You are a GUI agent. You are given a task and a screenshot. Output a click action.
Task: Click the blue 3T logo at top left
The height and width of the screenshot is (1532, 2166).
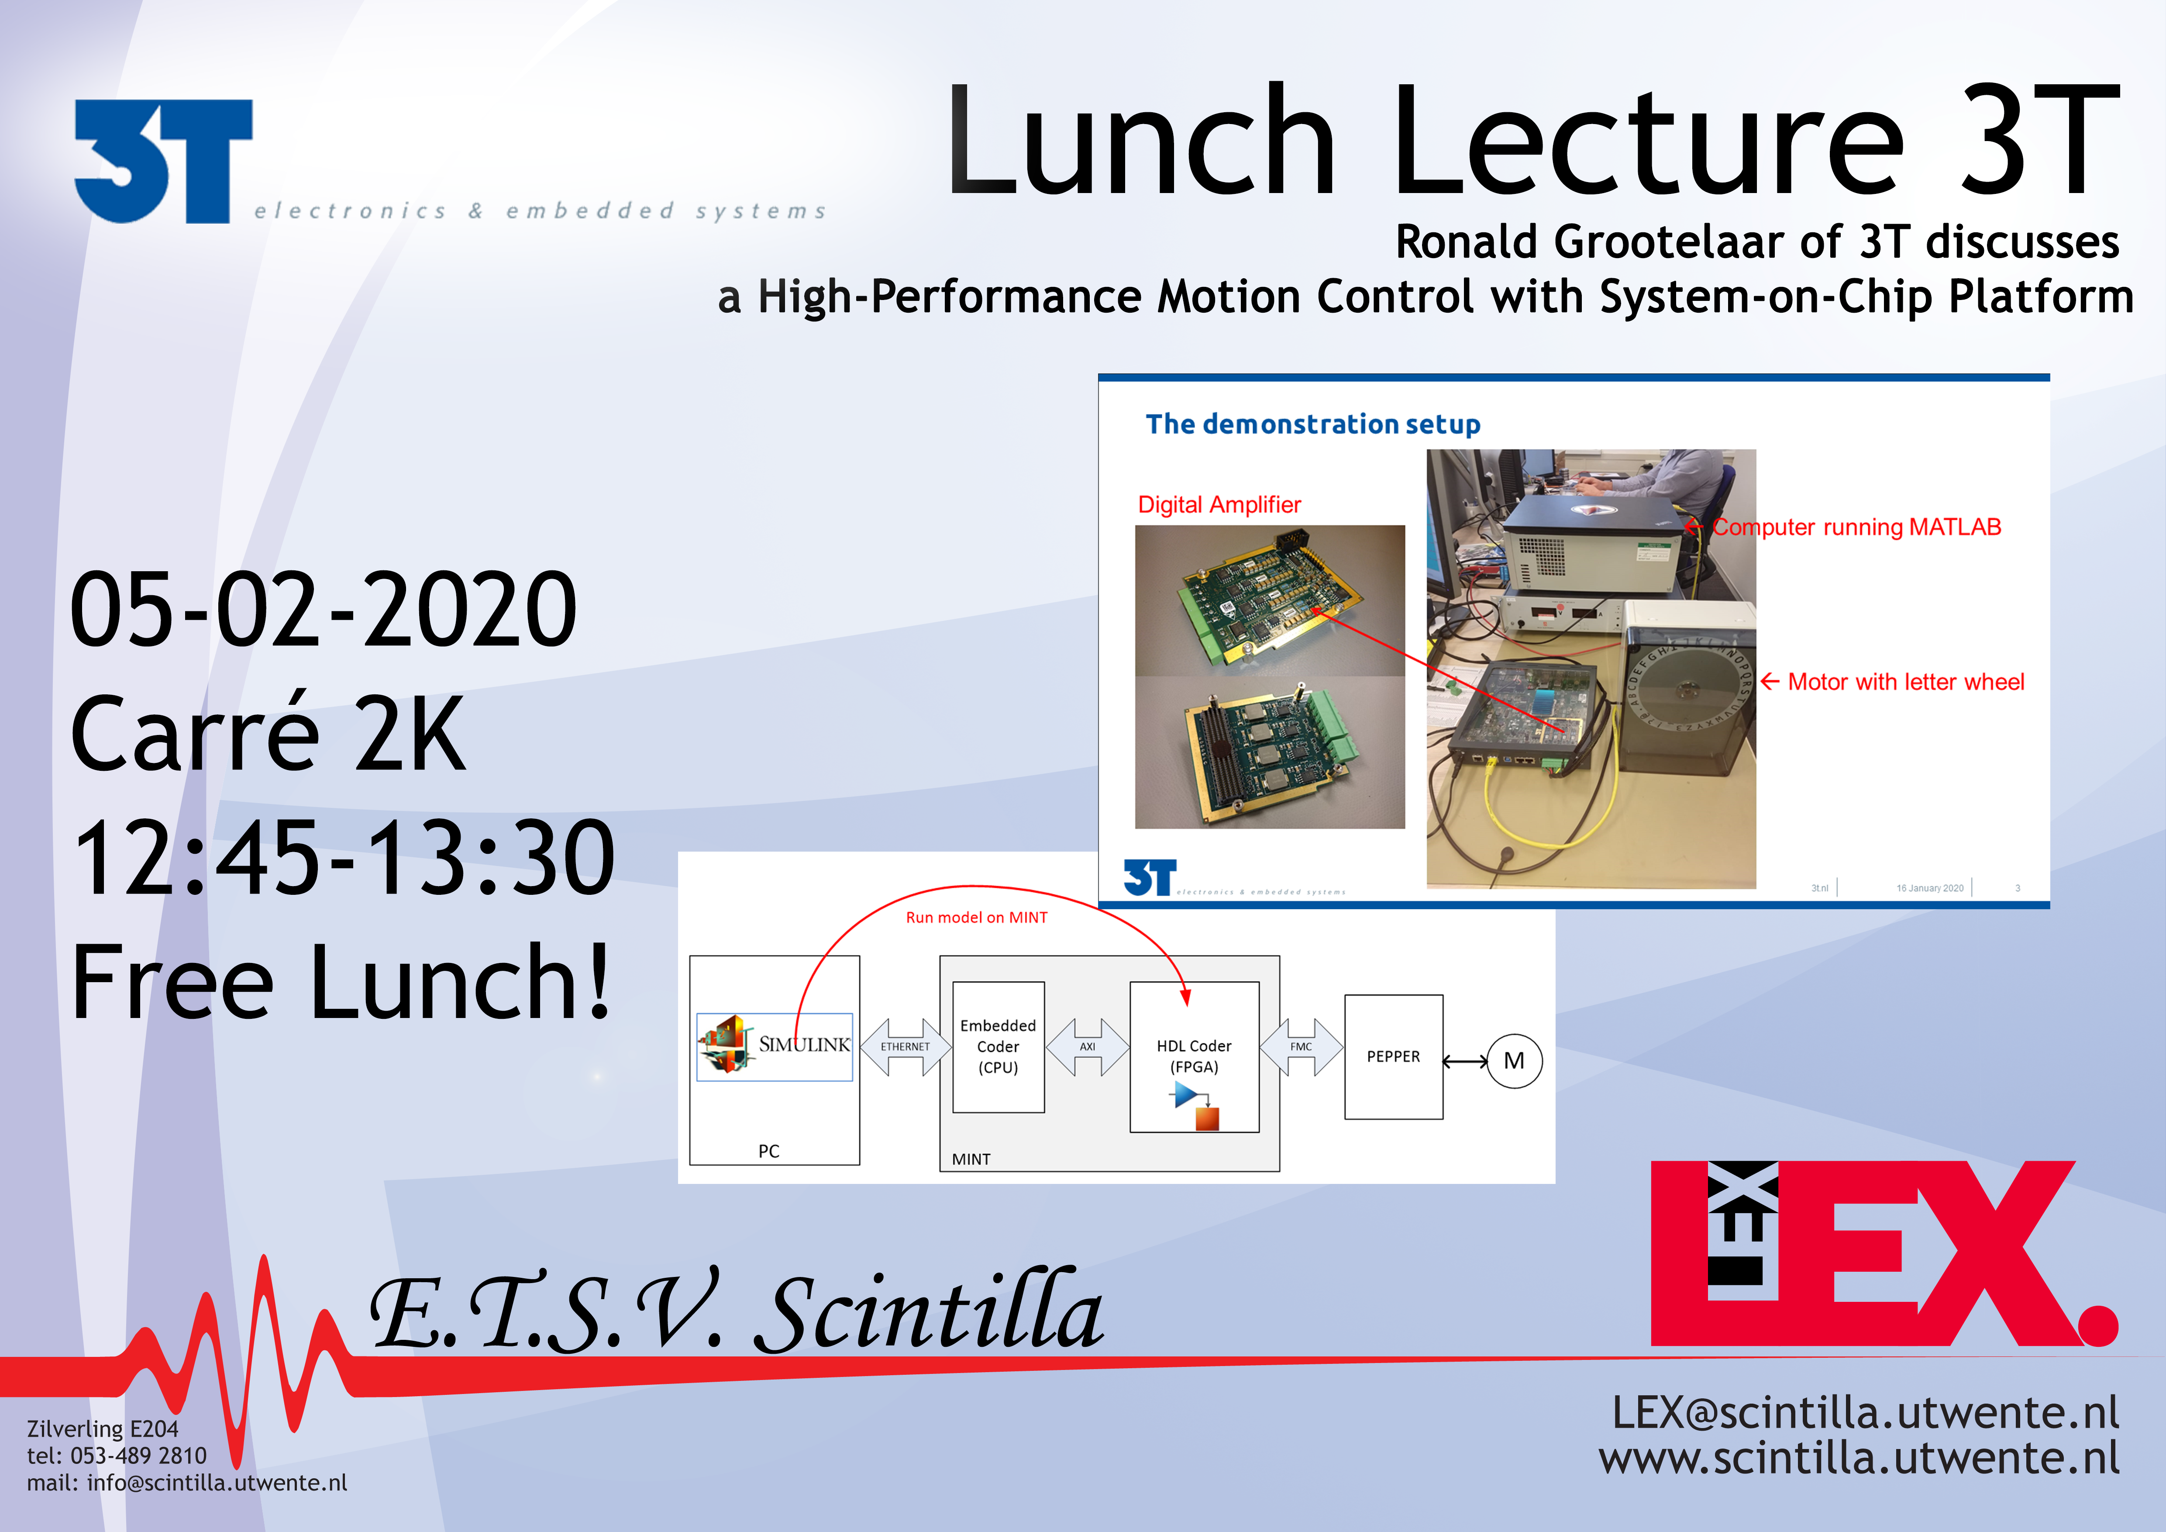tap(163, 161)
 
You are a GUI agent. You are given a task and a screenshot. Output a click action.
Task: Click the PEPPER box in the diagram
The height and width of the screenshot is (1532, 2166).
tap(1393, 1056)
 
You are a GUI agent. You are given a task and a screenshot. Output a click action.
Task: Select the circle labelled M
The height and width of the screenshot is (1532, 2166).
tap(1514, 1061)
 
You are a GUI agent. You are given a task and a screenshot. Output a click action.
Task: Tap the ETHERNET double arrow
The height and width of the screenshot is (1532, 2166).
tap(905, 1046)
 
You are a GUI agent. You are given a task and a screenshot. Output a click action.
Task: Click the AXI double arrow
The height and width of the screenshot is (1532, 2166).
tap(1088, 1046)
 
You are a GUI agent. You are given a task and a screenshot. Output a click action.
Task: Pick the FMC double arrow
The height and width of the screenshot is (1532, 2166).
tap(1301, 1046)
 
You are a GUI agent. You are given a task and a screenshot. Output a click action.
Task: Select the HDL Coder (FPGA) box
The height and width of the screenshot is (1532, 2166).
tap(1194, 1056)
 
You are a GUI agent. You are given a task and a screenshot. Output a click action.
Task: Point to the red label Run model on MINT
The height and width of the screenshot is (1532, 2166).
tap(976, 917)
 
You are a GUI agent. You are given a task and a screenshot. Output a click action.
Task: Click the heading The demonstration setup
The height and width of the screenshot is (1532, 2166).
tap(1312, 424)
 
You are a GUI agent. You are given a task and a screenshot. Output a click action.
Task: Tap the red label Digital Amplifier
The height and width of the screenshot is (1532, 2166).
tap(1219, 505)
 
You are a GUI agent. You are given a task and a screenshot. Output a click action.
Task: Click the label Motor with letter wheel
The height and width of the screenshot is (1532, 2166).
tap(1906, 682)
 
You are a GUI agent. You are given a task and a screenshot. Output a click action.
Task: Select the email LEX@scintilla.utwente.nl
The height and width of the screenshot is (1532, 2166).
tap(1865, 1413)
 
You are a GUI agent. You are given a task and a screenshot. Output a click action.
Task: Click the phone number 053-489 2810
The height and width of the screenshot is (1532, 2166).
tap(139, 1456)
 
